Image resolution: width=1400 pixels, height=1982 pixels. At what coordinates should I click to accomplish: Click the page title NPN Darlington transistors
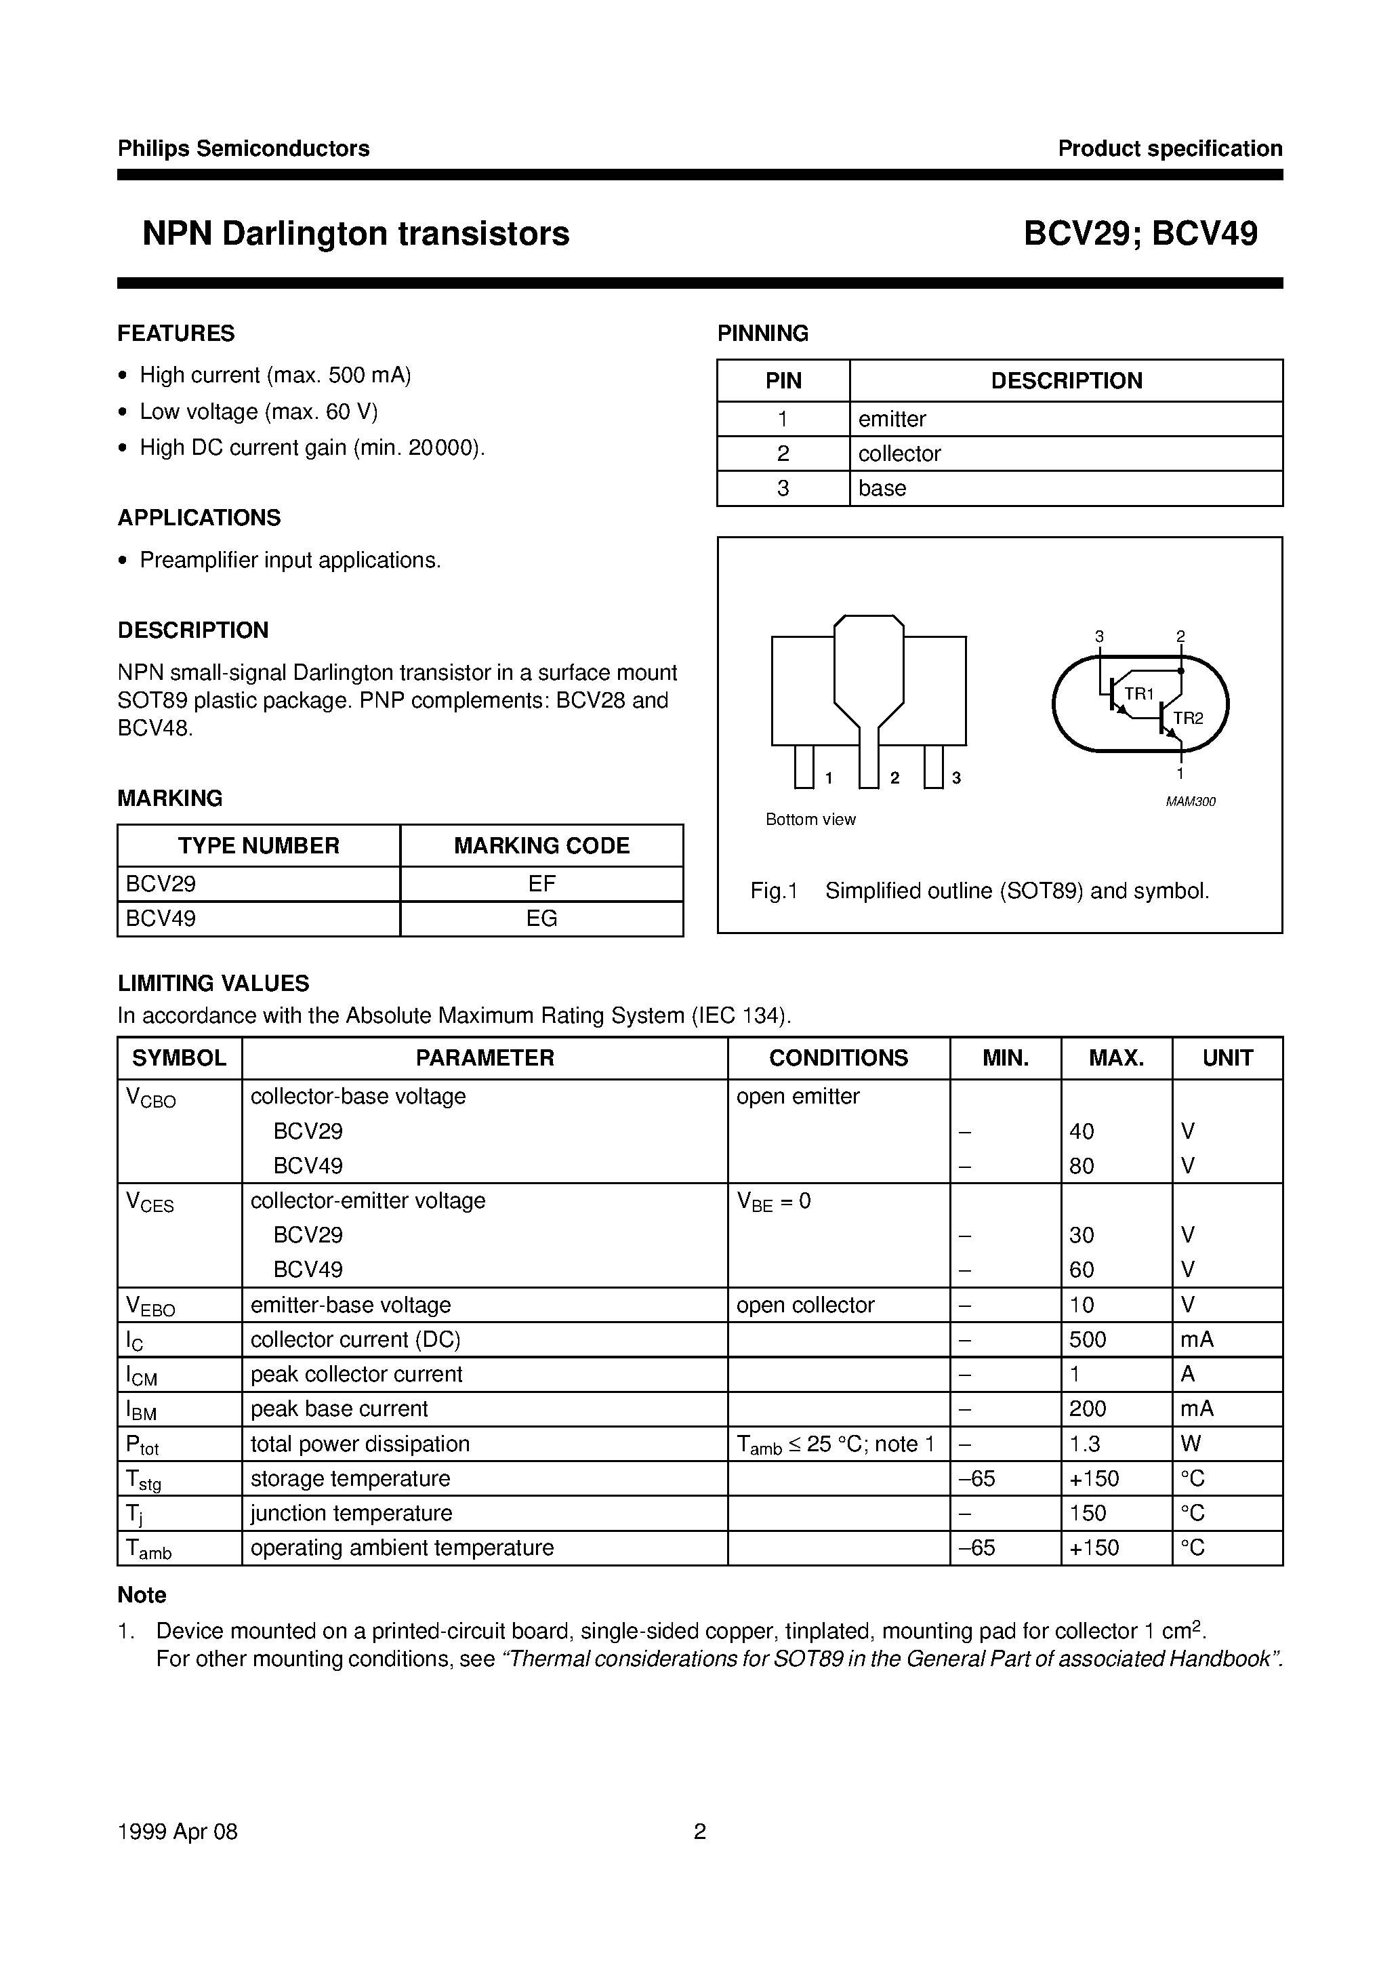356,234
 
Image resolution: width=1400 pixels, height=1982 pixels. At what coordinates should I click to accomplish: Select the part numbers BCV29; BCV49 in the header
1140,234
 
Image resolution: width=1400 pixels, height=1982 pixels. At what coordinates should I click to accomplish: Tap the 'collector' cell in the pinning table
899,453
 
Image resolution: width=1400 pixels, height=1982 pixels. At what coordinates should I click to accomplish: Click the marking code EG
541,918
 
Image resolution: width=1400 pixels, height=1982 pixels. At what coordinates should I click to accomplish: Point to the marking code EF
541,884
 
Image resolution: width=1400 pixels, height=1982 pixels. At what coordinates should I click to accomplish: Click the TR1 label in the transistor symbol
1138,693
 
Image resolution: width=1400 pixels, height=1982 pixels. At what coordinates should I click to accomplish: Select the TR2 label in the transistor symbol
1188,719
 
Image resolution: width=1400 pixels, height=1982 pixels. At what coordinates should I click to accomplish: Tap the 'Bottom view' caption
810,820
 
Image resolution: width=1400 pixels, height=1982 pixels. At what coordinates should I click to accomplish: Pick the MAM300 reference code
1190,802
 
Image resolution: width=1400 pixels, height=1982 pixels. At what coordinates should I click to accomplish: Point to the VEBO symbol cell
150,1306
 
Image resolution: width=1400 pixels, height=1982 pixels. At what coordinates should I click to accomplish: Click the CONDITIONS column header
838,1057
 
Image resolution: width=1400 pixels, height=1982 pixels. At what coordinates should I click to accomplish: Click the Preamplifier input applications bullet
290,561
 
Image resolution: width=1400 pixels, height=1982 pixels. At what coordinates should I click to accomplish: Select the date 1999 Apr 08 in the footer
177,1831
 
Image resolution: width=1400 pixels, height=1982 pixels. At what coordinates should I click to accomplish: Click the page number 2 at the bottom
700,1831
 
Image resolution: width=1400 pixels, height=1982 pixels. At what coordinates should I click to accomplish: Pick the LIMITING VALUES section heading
213,984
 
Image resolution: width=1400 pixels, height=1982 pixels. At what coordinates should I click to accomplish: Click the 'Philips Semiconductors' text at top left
243,148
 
